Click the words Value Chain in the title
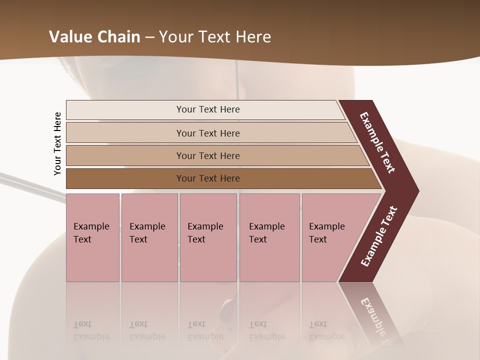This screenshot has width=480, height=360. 94,37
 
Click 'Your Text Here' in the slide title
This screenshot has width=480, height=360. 215,37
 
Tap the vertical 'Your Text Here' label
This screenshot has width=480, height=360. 57,144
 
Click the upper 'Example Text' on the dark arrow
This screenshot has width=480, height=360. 377,142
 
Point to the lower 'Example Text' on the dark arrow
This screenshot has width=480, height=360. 379,236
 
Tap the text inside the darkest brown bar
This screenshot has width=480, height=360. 208,178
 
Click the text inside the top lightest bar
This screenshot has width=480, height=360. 208,109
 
